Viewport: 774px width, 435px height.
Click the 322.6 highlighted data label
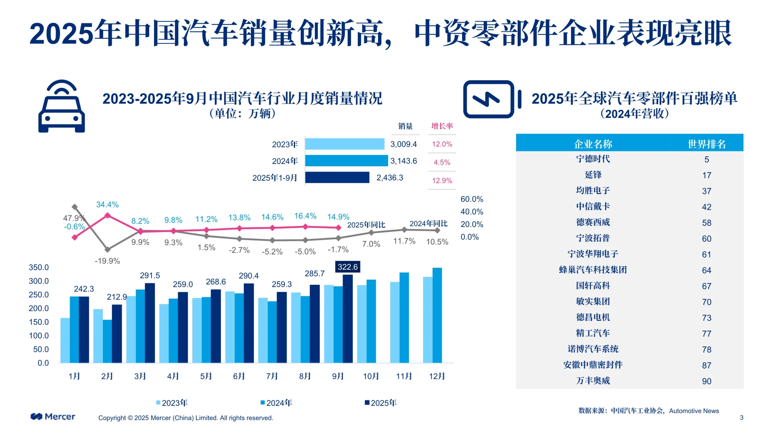coord(347,267)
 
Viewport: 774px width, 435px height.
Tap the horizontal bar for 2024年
coord(346,161)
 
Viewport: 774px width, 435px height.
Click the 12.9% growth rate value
coord(442,180)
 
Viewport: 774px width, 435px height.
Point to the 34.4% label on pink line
coord(107,205)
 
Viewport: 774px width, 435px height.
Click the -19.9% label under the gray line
coord(107,261)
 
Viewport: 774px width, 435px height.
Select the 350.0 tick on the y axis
coord(39,267)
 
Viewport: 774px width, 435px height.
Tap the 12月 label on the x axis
coord(437,376)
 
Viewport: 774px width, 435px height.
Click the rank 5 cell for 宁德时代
coord(706,159)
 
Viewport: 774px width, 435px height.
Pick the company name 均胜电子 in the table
coord(593,191)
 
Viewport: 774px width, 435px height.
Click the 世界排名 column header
coord(706,144)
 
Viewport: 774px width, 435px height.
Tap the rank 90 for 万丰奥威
coord(706,381)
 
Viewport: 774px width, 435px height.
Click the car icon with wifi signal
coord(61,106)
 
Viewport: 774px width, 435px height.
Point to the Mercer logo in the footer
coord(53,416)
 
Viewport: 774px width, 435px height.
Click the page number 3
coord(741,418)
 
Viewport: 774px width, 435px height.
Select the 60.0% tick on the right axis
coord(472,199)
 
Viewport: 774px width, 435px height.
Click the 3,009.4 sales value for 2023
coord(403,144)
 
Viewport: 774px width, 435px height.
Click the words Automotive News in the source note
coord(694,411)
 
